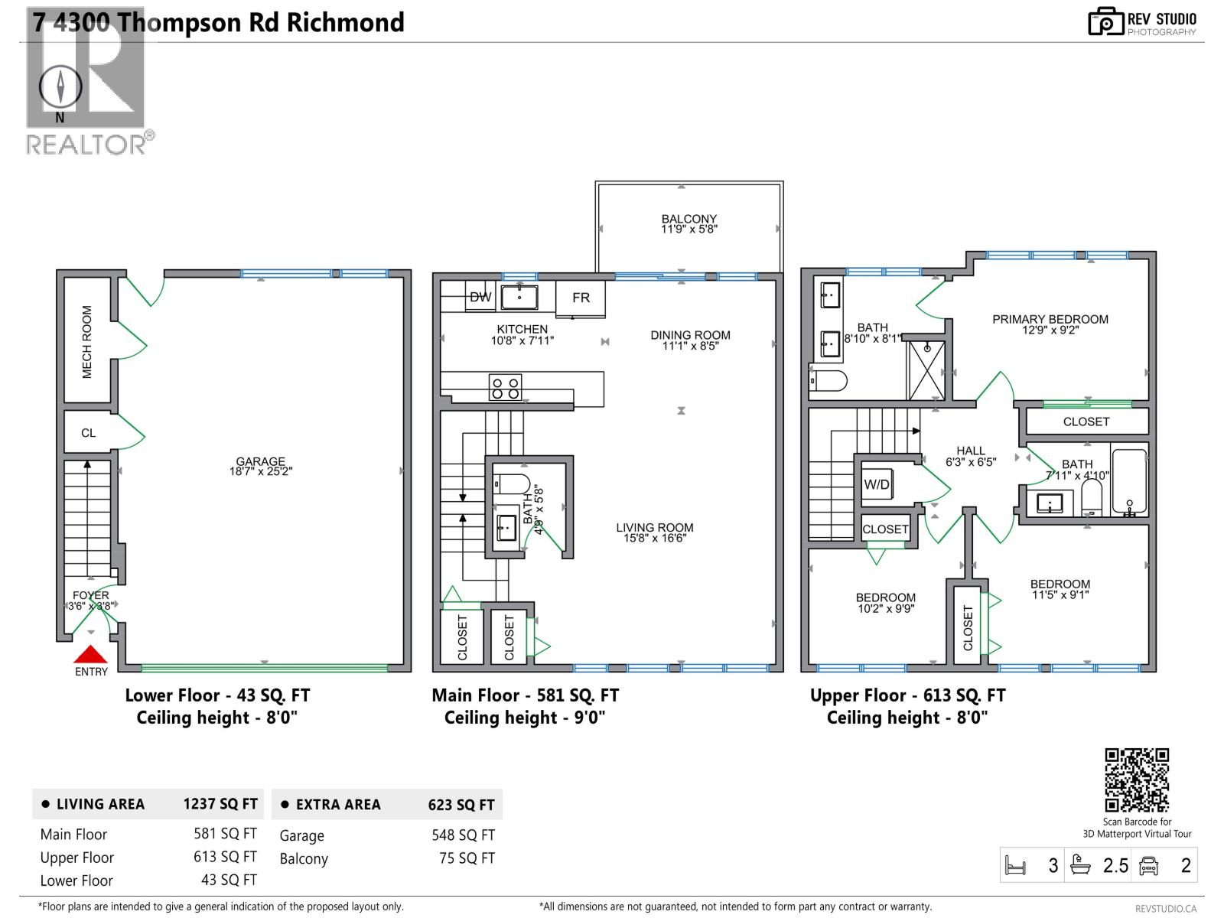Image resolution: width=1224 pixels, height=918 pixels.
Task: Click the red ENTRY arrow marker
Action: [90, 655]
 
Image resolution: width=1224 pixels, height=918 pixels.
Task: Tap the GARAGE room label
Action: [260, 462]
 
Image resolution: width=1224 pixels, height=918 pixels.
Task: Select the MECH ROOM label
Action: [86, 342]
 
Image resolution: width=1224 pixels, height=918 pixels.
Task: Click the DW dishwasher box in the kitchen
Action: [480, 297]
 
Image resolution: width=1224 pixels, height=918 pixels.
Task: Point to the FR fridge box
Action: [581, 298]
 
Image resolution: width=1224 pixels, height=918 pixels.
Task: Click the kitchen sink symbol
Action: [519, 297]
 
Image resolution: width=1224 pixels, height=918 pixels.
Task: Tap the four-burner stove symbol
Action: [505, 388]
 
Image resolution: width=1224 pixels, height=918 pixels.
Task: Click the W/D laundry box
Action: [877, 484]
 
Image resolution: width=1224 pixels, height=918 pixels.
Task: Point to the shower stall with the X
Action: [926, 370]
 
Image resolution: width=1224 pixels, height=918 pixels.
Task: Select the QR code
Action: [1137, 780]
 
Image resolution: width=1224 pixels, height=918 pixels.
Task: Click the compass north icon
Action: [60, 86]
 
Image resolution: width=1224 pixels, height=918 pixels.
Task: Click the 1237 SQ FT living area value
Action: [220, 804]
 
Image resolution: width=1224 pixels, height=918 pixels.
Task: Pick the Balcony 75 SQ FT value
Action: [467, 858]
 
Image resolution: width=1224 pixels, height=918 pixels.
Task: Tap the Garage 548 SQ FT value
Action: [463, 835]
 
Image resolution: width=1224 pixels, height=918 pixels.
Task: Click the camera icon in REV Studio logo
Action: [1105, 22]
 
